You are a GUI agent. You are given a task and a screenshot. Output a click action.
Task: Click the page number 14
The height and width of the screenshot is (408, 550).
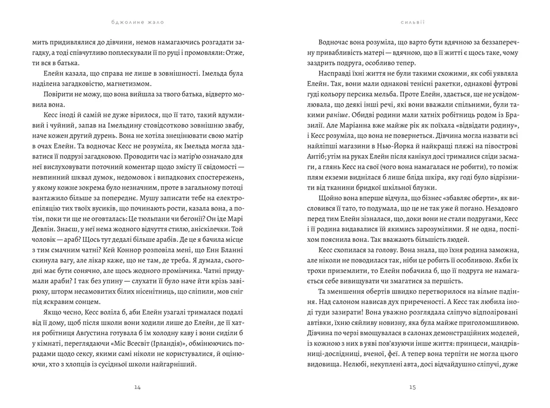[x=138, y=387]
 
